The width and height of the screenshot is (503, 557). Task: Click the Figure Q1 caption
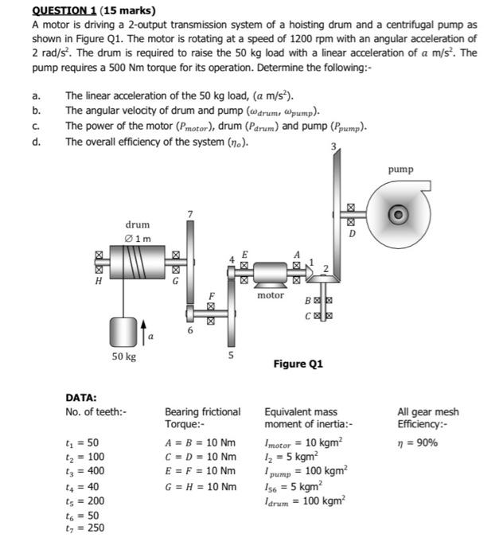[x=298, y=364]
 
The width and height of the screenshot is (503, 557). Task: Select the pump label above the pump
[x=400, y=169]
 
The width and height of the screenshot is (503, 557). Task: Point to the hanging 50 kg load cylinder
[x=124, y=329]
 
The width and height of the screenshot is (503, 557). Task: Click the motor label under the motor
[x=271, y=295]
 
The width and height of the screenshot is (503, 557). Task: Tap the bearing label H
[x=99, y=280]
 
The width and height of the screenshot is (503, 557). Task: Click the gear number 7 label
[x=189, y=214]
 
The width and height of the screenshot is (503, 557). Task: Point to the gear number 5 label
[x=232, y=356]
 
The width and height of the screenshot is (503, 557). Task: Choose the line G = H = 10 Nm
[x=201, y=486]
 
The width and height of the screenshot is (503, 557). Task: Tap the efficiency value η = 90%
[x=418, y=442]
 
